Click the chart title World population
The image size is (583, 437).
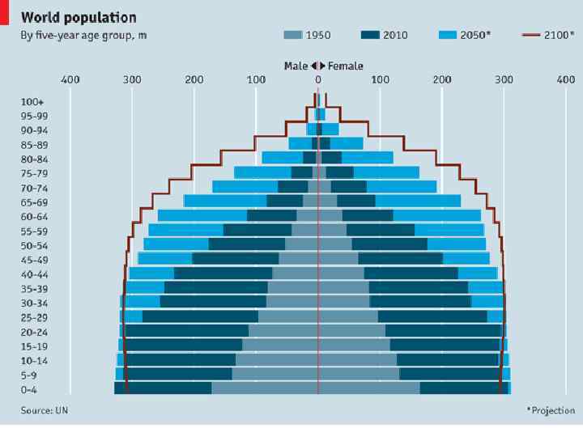79,17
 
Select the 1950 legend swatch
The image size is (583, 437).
292,35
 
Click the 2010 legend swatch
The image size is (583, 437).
370,35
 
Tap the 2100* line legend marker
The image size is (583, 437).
531,35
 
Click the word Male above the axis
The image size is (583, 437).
296,66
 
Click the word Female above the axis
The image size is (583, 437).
346,66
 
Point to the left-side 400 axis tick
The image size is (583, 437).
70,79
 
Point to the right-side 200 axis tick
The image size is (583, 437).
442,79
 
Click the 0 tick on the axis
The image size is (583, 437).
318,79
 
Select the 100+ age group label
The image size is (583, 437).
32,102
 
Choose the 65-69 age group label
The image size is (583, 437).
34,202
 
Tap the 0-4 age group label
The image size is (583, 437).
34,389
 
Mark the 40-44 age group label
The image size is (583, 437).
34,274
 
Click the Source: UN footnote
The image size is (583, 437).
45,410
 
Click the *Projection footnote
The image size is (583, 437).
551,410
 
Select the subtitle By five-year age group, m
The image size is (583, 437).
83,36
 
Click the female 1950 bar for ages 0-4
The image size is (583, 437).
368,388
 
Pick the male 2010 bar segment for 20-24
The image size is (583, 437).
186,331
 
